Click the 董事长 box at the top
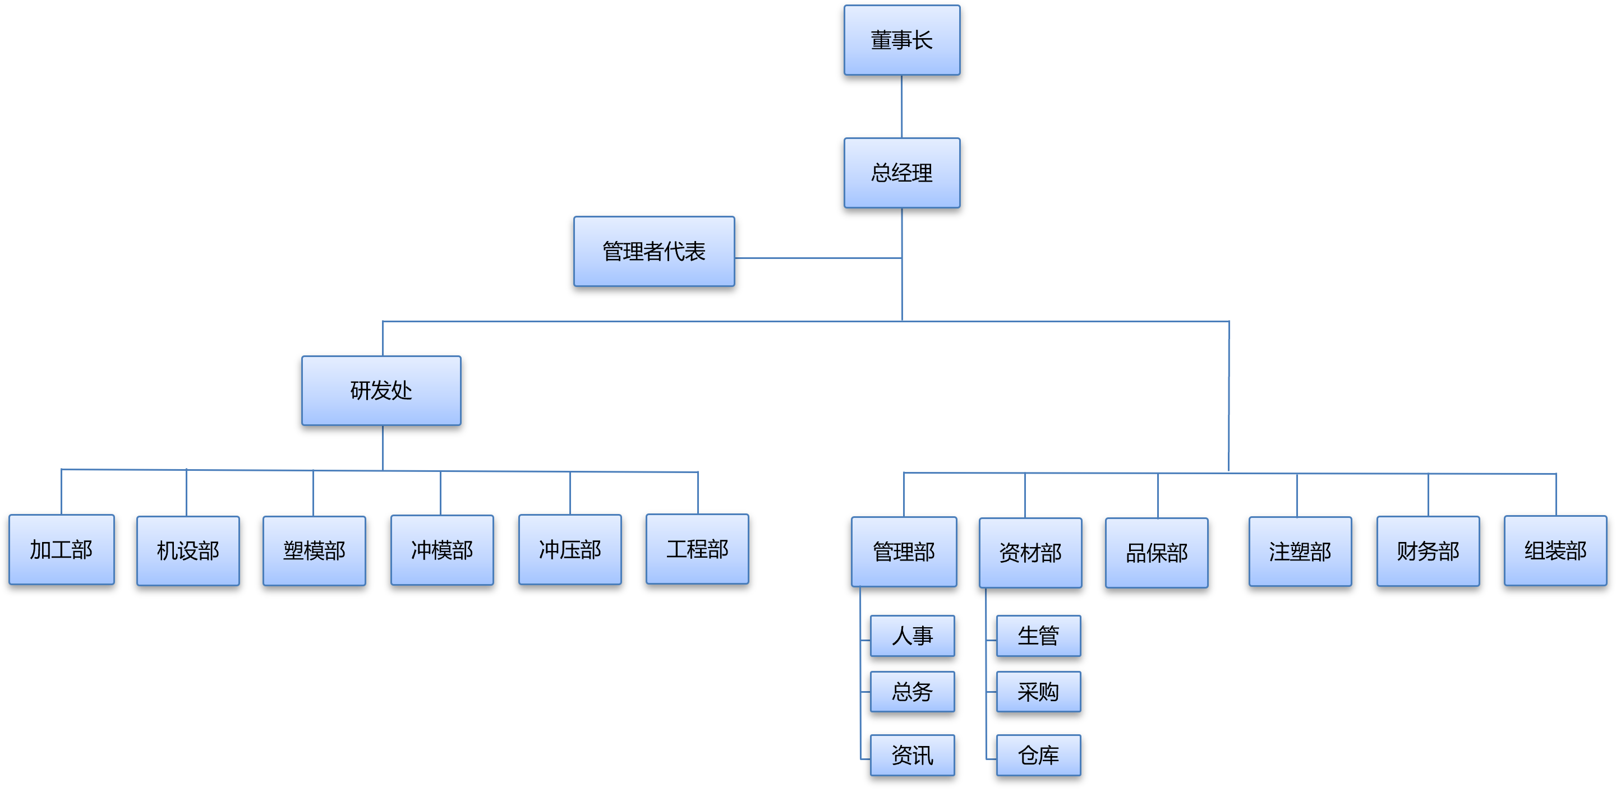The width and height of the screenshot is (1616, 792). [901, 40]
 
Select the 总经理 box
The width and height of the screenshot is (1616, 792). [901, 173]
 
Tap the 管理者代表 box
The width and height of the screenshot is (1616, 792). [653, 252]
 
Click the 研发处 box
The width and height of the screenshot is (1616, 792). [381, 391]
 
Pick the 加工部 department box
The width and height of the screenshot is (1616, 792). [62, 550]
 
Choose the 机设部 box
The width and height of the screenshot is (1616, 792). [187, 550]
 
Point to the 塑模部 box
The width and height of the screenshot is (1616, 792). [314, 550]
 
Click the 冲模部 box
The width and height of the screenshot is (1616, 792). [441, 550]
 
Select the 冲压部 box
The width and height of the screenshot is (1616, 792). [570, 549]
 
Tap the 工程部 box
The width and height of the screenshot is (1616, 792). [697, 549]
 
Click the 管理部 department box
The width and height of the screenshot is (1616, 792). [903, 552]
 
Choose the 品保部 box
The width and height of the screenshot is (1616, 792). [1156, 553]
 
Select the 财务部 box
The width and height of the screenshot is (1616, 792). [1428, 551]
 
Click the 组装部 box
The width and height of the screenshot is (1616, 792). [1555, 550]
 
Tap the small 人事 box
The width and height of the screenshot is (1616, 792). [912, 636]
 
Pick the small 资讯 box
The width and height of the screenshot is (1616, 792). [912, 755]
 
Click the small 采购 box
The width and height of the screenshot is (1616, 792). [1038, 692]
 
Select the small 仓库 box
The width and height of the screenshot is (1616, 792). [1038, 755]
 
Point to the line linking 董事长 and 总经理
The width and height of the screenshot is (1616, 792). [901, 106]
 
